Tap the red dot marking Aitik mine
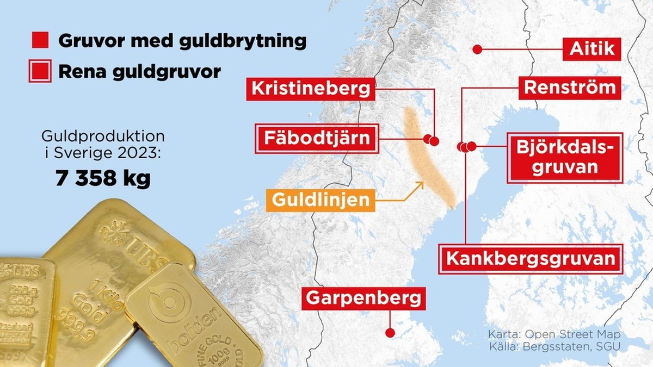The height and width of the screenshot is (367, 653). click(x=477, y=49)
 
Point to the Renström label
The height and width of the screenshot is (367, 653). click(x=570, y=88)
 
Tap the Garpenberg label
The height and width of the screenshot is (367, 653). click(x=363, y=298)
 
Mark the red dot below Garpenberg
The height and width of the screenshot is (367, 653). click(x=390, y=333)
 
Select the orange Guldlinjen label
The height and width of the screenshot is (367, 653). click(x=320, y=200)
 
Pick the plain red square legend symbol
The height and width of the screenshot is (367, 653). click(x=41, y=40)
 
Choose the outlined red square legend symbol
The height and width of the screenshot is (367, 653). click(x=41, y=71)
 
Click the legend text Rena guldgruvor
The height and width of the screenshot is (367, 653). click(x=139, y=72)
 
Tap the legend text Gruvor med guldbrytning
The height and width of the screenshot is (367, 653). click(x=182, y=40)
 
